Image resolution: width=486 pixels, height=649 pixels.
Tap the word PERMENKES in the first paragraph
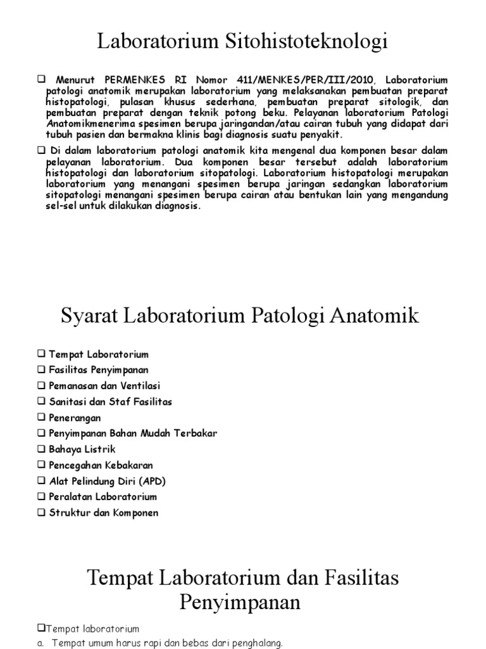130,80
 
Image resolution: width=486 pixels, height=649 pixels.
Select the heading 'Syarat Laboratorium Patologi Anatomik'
240,316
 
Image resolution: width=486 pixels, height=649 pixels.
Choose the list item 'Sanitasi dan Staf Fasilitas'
110,402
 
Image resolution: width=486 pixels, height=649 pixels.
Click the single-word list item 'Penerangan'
75,418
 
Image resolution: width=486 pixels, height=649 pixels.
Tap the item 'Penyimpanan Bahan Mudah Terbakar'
133,434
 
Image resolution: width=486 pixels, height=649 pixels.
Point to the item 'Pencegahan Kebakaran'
101,465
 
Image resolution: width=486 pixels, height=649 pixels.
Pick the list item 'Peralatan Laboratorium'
103,497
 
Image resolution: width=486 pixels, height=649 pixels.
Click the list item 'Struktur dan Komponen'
104,513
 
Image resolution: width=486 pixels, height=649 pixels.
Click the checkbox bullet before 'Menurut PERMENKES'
42,79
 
